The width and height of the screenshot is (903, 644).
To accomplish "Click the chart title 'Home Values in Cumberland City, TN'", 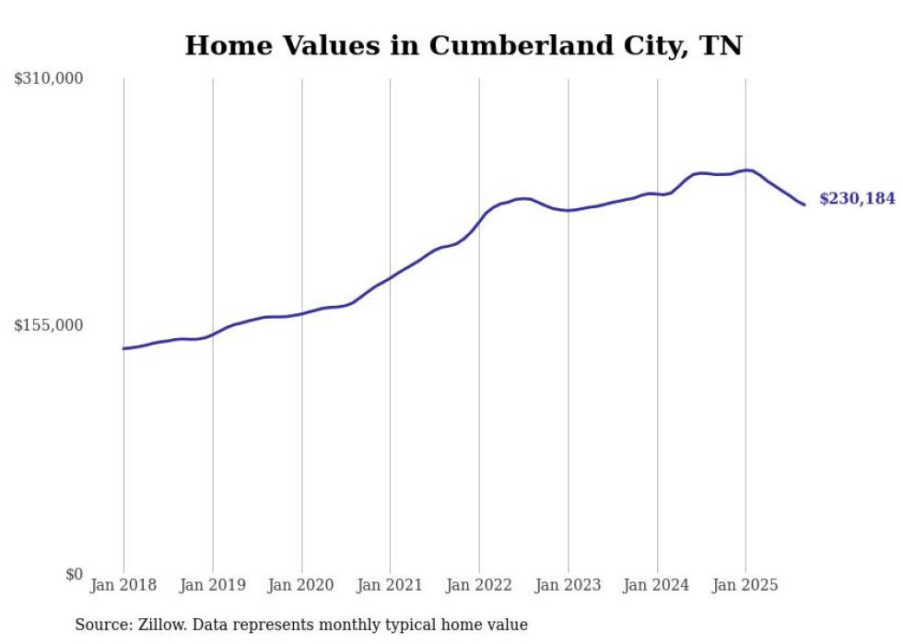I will tap(463, 45).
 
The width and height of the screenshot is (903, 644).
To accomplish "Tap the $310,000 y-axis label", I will tap(49, 79).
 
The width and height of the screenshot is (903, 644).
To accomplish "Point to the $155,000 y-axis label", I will tap(49, 325).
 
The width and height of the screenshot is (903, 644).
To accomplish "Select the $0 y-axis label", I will tap(74, 574).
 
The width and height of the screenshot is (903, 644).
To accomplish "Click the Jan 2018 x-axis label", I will tap(123, 585).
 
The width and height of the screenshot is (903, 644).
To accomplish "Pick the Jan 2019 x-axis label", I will tap(213, 585).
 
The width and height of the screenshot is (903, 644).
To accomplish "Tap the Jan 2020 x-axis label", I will tap(301, 585).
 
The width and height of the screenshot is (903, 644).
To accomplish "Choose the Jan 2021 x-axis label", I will tap(390, 585).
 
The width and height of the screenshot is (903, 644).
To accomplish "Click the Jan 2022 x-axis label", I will tap(479, 585).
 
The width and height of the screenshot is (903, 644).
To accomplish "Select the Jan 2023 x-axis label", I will tap(568, 585).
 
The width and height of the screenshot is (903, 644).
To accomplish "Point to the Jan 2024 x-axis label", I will tap(657, 585).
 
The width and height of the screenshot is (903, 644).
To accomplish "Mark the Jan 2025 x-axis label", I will tap(745, 585).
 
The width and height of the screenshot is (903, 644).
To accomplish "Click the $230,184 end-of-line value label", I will tap(856, 198).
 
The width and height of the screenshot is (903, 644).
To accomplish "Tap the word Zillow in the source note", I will tap(156, 625).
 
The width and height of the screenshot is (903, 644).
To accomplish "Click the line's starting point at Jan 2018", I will tap(123, 348).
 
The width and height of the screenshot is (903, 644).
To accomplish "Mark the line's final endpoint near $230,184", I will tap(804, 205).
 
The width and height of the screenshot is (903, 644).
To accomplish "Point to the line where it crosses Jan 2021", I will tap(390, 276).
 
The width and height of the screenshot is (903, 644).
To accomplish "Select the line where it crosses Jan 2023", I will tap(568, 210).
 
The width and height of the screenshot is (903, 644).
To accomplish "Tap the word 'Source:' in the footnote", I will tap(102, 625).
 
